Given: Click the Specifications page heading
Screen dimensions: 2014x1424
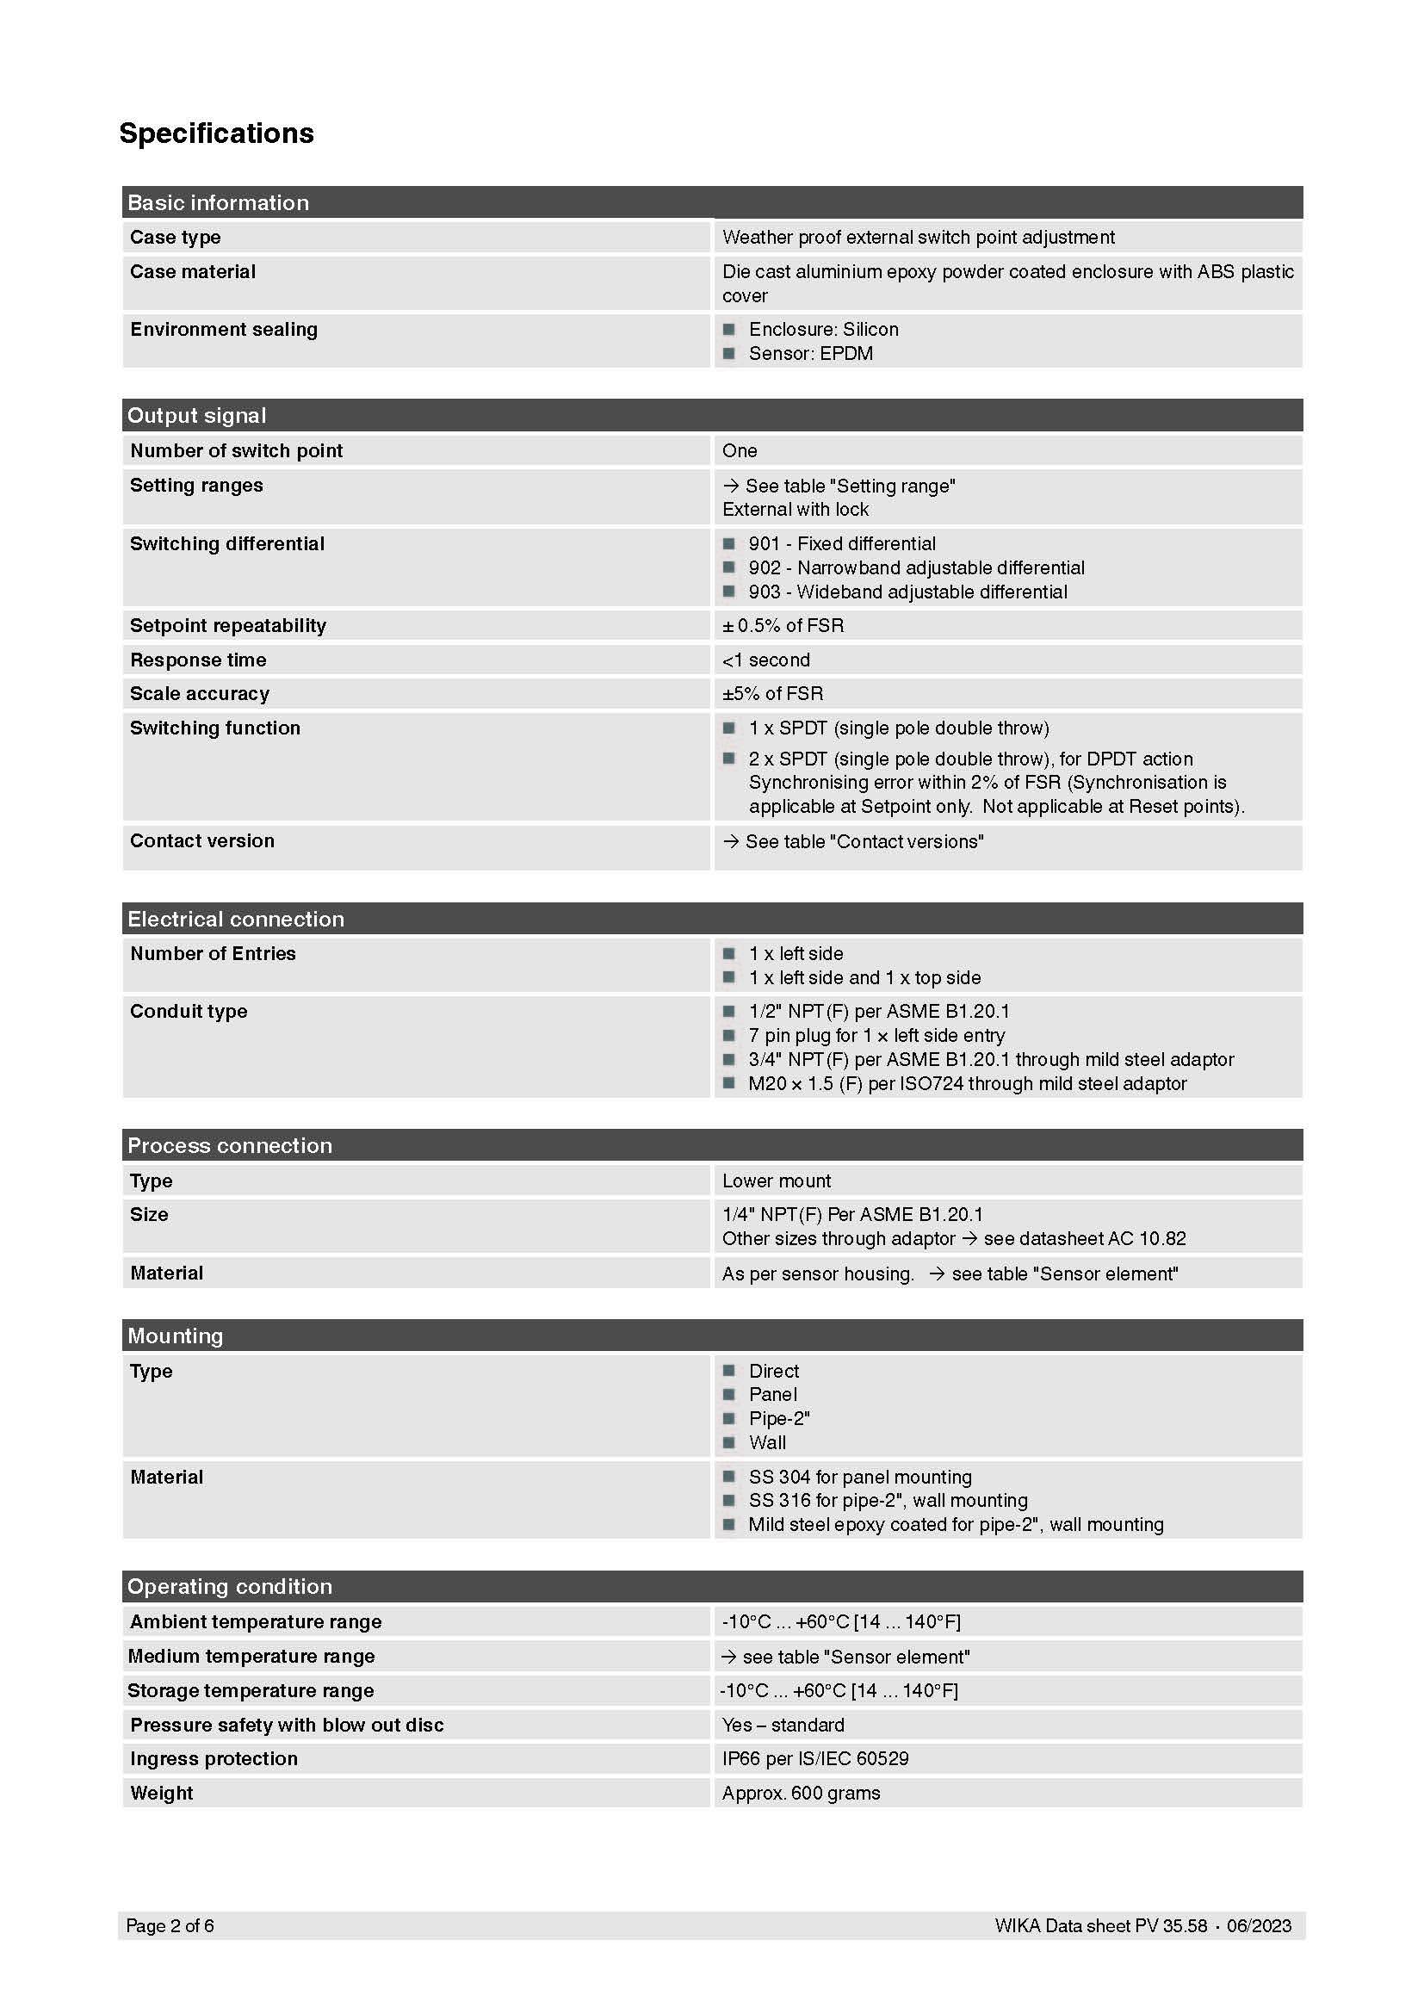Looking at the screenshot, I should [217, 133].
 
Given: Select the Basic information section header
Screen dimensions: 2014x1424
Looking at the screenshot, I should [219, 202].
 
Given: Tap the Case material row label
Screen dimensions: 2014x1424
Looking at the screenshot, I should [193, 272].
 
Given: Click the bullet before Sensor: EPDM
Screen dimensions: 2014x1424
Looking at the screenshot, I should [728, 354].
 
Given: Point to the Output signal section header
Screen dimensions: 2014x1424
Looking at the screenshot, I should [196, 416].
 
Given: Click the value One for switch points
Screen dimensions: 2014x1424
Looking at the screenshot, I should [740, 451].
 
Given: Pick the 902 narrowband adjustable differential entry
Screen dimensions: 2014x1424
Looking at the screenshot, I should [916, 567].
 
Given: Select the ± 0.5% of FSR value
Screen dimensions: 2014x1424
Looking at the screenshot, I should [783, 625].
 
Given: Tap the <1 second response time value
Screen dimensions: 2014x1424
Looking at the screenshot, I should [765, 660].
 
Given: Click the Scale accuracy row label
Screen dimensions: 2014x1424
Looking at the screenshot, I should [200, 694].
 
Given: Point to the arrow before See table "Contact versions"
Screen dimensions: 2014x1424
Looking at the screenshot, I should [730, 841].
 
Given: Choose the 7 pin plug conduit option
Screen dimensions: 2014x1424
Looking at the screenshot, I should [876, 1035].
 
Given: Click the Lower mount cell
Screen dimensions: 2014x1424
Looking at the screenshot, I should [776, 1181].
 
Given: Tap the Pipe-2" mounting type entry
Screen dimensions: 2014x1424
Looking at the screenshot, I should [778, 1418].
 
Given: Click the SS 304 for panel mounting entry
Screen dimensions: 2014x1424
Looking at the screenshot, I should [859, 1478].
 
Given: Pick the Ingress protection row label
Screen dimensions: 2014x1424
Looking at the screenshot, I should [214, 1759].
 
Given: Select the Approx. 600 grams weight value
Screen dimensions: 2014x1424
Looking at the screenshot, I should [801, 1793].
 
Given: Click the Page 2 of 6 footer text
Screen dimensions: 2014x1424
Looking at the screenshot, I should [170, 1925].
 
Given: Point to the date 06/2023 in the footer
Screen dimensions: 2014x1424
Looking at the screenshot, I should [1259, 1925].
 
